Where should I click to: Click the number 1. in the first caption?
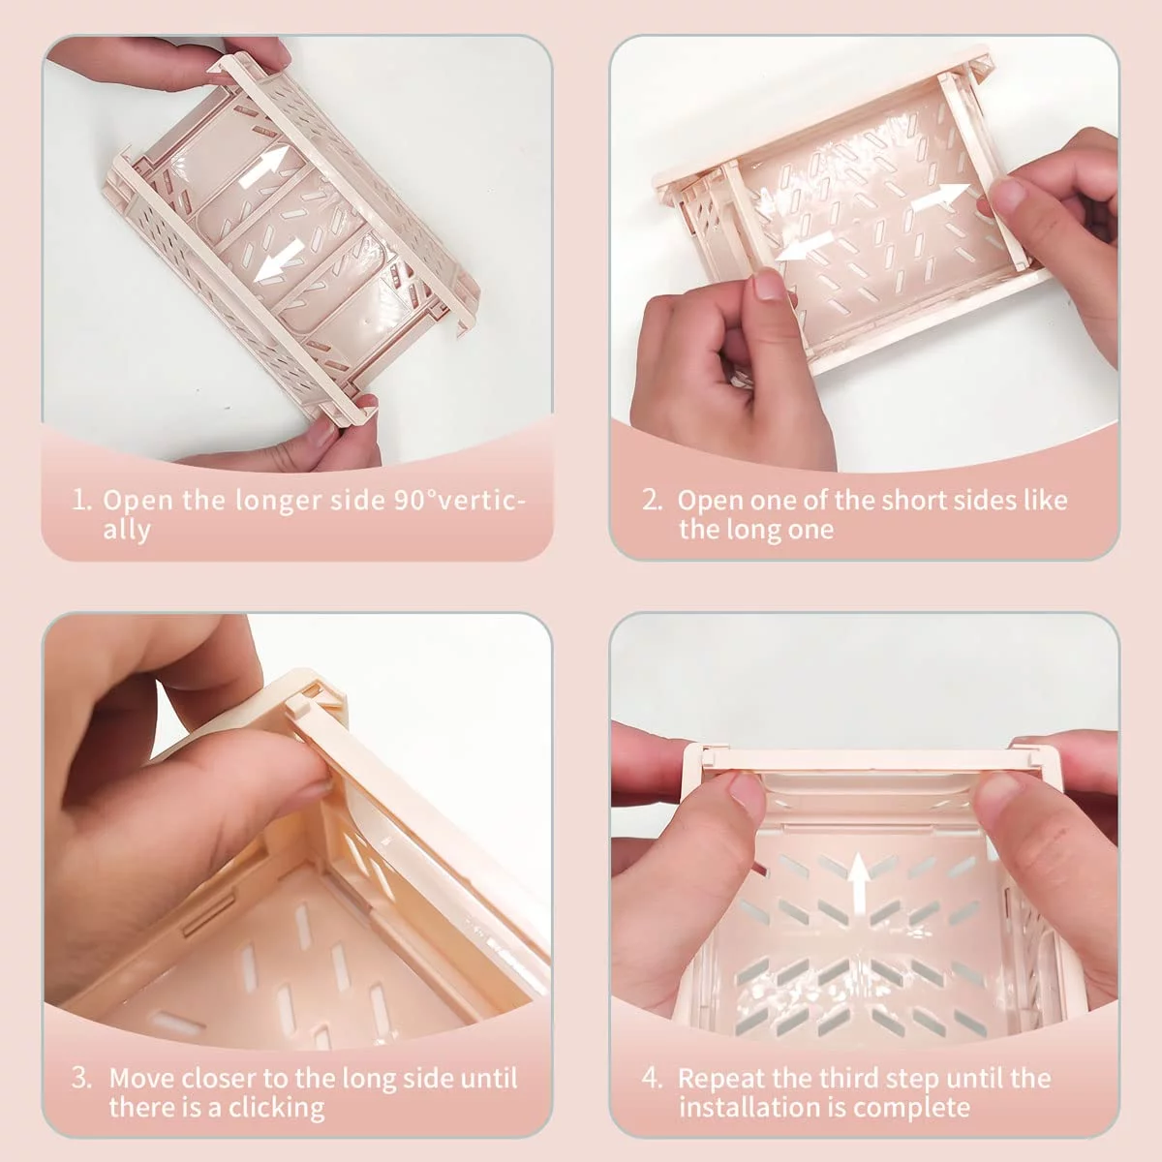[82, 500]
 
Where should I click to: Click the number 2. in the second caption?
[652, 501]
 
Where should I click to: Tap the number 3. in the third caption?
[81, 1078]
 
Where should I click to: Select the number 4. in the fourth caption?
[652, 1078]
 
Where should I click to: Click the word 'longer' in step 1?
[279, 502]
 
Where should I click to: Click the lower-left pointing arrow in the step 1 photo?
[279, 260]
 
